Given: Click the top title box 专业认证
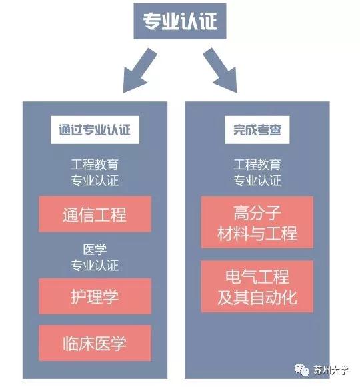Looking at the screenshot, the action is click(179, 21).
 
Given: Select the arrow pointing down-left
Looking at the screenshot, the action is click(139, 71).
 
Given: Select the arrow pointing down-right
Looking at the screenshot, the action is click(221, 71).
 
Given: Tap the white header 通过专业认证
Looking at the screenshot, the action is click(95, 130).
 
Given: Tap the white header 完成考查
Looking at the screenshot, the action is click(257, 130).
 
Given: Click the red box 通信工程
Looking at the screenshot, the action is click(95, 214).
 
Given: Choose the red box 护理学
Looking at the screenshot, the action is click(95, 296).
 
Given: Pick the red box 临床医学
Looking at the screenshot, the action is click(95, 343).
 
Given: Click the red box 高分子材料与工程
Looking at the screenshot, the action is click(257, 222).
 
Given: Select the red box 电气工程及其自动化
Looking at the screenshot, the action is click(257, 286).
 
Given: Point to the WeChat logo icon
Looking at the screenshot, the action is click(302, 370).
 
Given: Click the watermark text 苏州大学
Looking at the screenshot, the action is click(331, 370).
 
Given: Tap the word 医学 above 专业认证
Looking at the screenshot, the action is click(95, 250).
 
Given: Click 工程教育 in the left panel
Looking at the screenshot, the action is click(95, 165).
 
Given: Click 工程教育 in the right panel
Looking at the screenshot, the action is click(257, 165).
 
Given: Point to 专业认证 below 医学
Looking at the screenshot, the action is click(95, 266).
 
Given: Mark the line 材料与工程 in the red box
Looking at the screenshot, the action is click(257, 233).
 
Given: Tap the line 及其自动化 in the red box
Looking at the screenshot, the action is click(257, 297).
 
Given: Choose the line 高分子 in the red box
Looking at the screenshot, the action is click(257, 212).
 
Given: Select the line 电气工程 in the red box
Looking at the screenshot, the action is click(257, 276).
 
